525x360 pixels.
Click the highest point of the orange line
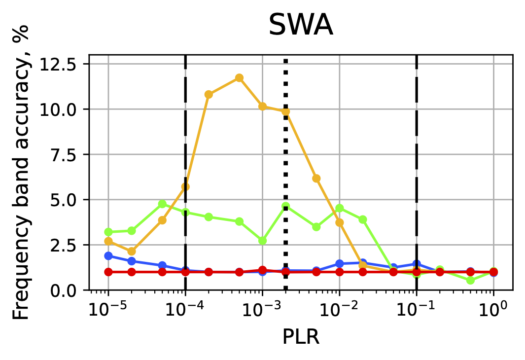pyautogui.click(x=239, y=78)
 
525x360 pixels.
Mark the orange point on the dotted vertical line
pyautogui.click(x=285, y=111)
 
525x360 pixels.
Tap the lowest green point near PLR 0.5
pyautogui.click(x=470, y=280)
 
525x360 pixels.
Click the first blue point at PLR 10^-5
pyautogui.click(x=108, y=256)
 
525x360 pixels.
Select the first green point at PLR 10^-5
pyautogui.click(x=108, y=232)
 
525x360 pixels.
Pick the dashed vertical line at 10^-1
pyautogui.click(x=417, y=148)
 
